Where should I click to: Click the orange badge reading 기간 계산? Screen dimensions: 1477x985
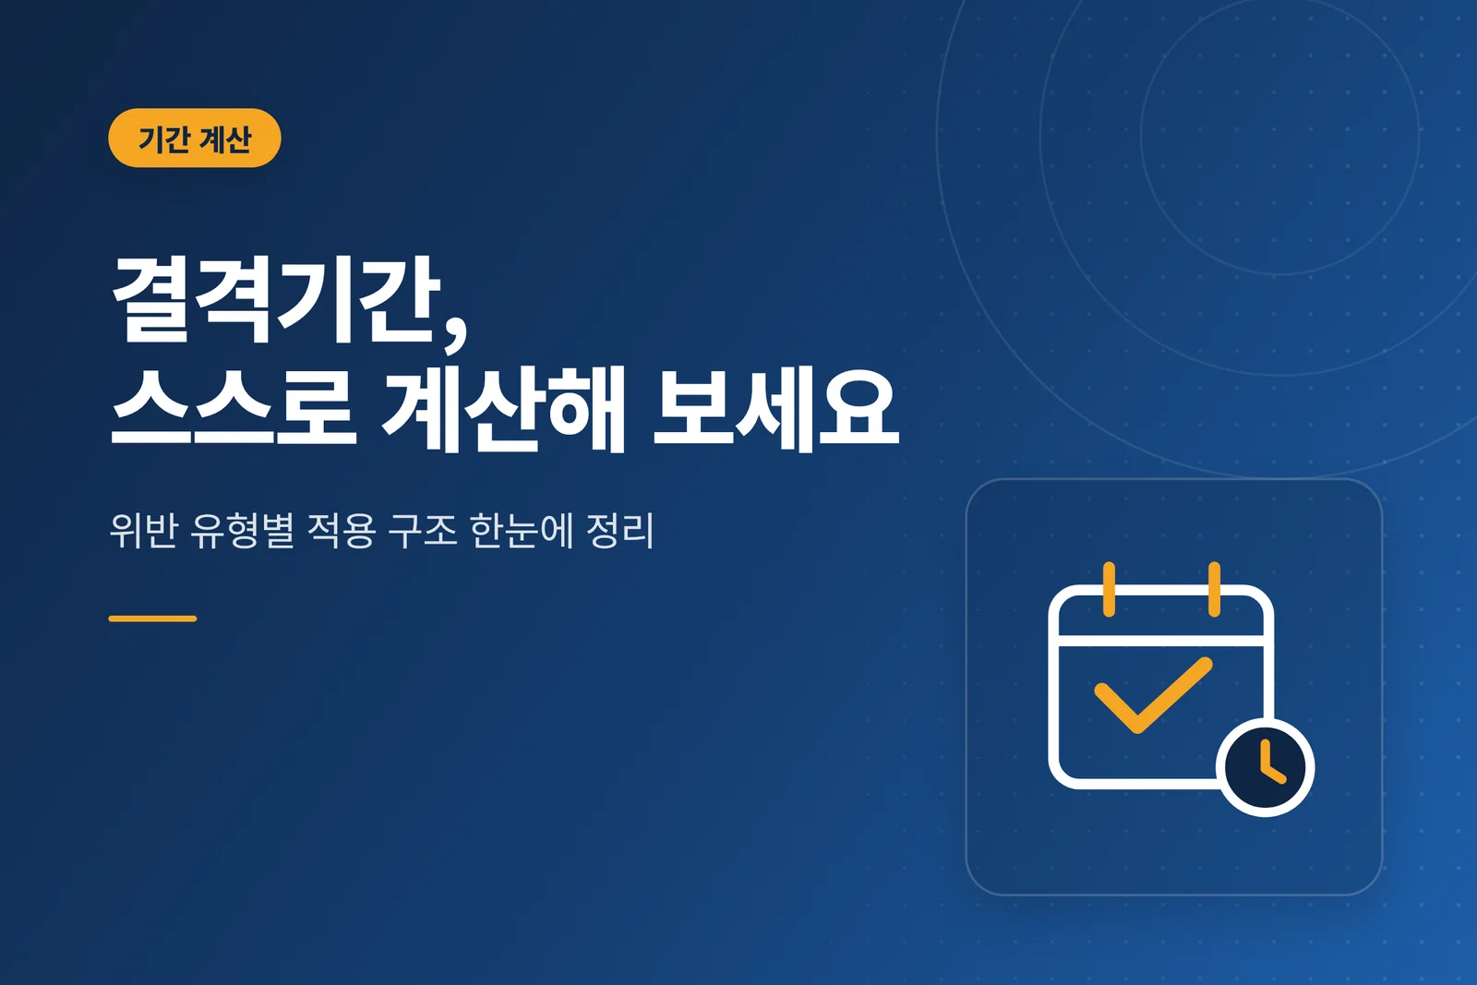coord(195,138)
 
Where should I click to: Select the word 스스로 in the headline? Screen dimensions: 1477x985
coord(234,409)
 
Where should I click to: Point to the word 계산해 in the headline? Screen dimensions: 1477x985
coord(503,409)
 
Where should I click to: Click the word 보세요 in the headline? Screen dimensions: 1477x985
coord(776,409)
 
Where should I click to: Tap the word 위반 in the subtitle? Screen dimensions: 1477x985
coord(143,529)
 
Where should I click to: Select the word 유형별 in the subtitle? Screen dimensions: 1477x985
coord(242,529)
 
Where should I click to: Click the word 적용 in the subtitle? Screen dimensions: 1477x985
coord(342,529)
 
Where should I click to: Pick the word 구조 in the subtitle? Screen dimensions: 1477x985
coord(422,529)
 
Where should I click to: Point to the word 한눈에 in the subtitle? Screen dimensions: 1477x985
coord(522,529)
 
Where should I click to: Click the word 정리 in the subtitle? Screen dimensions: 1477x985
coord(620,529)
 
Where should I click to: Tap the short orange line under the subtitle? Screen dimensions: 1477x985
coord(152,619)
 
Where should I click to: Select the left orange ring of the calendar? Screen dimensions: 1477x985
coord(1109,589)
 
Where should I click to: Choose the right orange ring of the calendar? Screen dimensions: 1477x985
coord(1214,589)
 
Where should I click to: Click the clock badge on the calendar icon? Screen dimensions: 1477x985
coord(1265,767)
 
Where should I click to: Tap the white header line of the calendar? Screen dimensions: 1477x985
coord(1160,641)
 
